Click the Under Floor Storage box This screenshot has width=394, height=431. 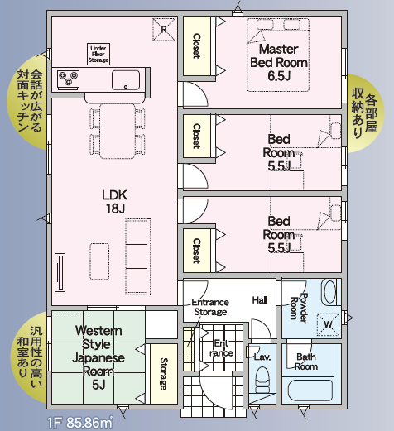(x=98, y=54)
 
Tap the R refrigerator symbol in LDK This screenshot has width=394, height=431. (x=164, y=30)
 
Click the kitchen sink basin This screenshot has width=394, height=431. (x=126, y=80)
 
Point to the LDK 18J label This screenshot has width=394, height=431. (x=115, y=202)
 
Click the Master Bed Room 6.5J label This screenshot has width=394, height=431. (x=279, y=63)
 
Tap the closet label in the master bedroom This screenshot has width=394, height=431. (x=196, y=46)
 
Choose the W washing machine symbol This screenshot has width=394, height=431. (x=328, y=324)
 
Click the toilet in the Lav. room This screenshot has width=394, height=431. (x=262, y=380)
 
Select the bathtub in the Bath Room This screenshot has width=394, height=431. (x=310, y=390)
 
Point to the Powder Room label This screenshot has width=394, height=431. (x=299, y=308)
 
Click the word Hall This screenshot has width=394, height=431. (x=260, y=300)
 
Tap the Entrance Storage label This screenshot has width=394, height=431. (x=210, y=307)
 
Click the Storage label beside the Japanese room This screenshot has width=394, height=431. (x=164, y=374)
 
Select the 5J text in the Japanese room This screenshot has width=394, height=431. (x=98, y=385)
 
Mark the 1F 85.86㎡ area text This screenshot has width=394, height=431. (x=80, y=422)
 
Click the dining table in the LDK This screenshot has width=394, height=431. (x=118, y=131)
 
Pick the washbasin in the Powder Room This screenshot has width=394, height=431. (x=329, y=292)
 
